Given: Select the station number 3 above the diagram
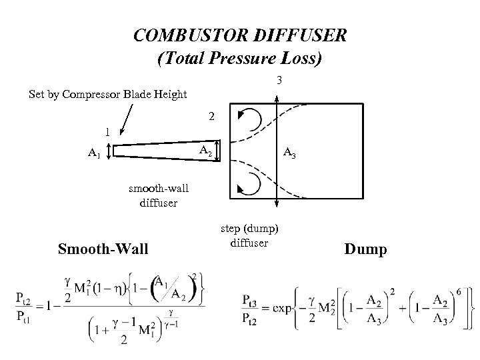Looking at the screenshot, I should [281, 81].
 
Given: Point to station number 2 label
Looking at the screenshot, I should [211, 117].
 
